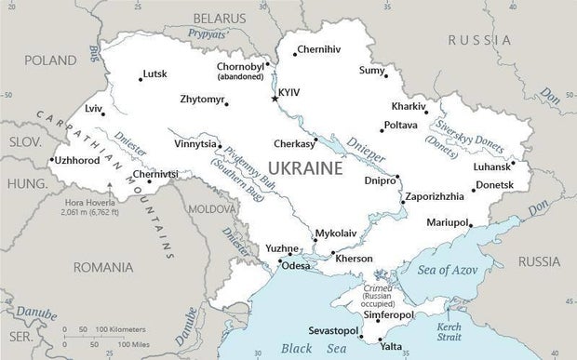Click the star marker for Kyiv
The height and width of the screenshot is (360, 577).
274,98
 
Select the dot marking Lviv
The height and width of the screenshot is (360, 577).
102,113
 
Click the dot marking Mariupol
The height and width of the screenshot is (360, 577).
471,224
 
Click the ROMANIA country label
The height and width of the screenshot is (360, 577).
105,267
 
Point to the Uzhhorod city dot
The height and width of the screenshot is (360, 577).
50,160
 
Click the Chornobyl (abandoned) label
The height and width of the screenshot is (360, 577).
240,73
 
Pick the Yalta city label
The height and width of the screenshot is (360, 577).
392,346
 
